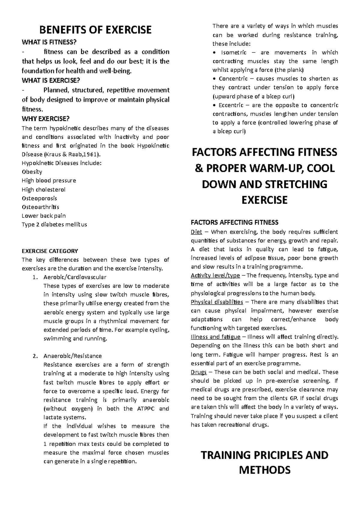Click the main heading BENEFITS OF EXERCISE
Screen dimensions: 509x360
(96, 30)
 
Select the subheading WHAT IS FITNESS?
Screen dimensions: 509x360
(47, 43)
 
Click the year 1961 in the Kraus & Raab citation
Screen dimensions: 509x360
(93, 154)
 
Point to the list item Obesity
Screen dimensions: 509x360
(32, 172)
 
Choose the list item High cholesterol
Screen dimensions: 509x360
(43, 189)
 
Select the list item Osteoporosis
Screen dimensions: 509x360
(39, 198)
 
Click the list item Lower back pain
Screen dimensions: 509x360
(44, 216)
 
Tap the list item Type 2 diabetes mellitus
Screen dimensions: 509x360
(54, 225)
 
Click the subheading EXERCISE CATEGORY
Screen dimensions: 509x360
(50, 251)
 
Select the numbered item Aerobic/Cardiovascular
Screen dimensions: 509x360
(75, 277)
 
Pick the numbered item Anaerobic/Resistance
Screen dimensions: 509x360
(73, 356)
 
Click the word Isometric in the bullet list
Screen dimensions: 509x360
(234, 52)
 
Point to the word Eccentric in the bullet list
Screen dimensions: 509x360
(232, 105)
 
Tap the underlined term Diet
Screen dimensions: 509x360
(196, 232)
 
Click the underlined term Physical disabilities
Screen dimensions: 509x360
(217, 302)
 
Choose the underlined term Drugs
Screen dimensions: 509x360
(199, 372)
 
